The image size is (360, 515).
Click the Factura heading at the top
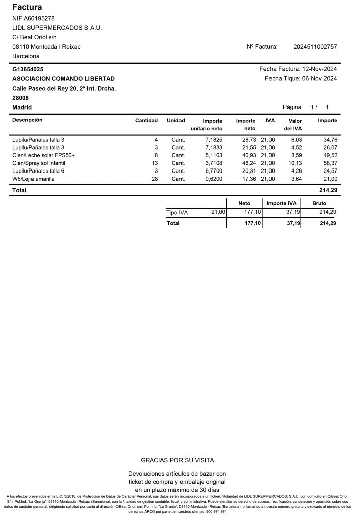pos(27,7)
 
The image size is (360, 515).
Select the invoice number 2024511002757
pos(315,47)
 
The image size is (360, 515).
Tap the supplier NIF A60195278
pos(33,18)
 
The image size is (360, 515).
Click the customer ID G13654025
pos(27,69)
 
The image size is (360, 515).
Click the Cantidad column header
pos(147,121)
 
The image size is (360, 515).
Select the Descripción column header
pos(27,120)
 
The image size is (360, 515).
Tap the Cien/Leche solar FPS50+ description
pos(43,156)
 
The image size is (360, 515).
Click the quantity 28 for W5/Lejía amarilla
pos(155,179)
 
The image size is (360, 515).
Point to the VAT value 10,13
pos(295,163)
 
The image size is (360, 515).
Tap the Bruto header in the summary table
pos(319,203)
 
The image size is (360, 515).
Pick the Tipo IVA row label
pos(177,213)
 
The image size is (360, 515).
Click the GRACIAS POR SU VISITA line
pos(177,460)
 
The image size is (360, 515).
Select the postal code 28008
pos(20,98)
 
